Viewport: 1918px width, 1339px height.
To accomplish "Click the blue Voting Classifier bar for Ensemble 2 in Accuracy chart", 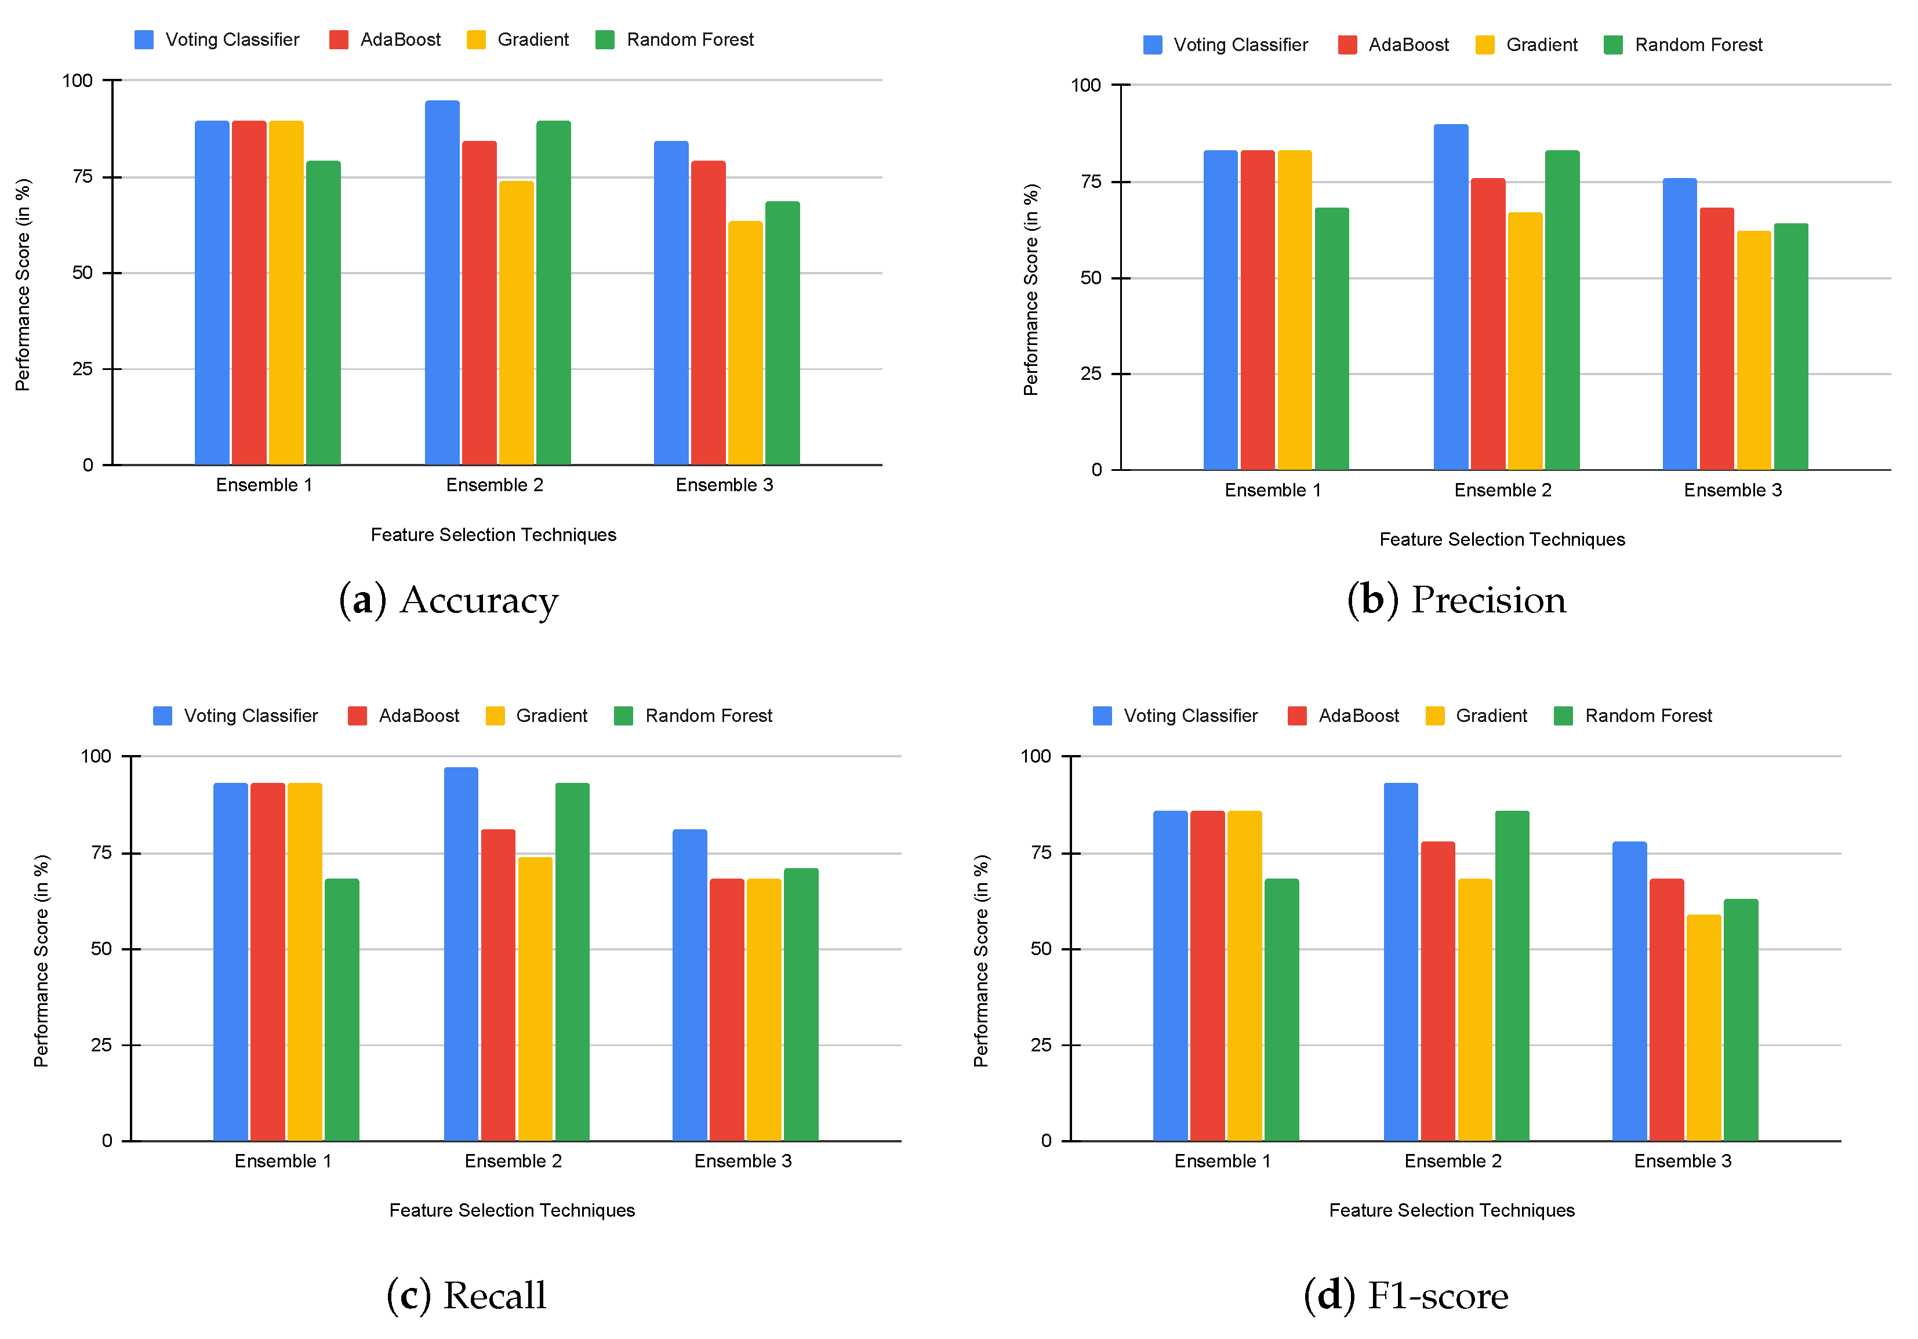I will pos(442,284).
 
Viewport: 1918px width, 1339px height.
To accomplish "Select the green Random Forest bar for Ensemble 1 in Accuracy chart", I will pos(324,313).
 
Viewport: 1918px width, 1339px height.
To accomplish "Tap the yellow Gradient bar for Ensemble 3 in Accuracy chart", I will pos(745,343).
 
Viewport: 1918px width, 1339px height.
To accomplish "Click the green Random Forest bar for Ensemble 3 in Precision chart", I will pos(1791,347).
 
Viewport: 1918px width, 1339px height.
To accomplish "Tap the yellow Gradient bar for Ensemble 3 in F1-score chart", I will pos(1703,1028).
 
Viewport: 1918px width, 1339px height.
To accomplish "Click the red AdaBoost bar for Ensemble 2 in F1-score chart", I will pos(1438,990).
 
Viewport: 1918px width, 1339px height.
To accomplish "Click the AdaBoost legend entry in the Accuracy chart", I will pos(385,40).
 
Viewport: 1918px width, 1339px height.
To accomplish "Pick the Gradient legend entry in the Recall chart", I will pos(537,716).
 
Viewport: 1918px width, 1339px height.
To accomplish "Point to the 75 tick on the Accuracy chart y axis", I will pos(83,177).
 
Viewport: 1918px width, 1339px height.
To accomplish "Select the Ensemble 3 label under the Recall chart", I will pos(743,1161).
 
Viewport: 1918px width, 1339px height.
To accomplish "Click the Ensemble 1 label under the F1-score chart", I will pos(1222,1161).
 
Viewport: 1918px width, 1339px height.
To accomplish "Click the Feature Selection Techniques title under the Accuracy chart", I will pos(493,535).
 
